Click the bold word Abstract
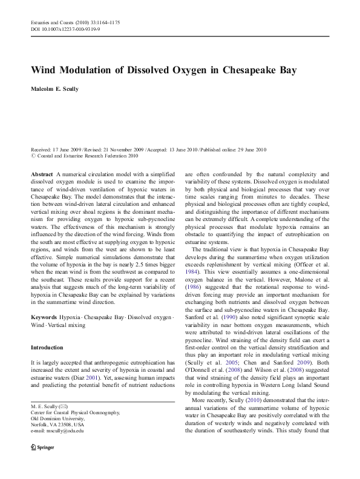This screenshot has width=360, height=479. (42, 173)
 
